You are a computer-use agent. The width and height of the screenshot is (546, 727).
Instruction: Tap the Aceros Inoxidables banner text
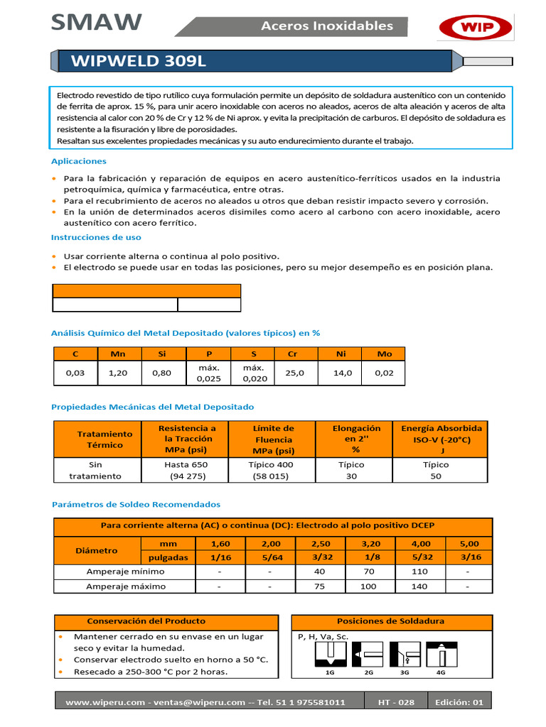point(327,26)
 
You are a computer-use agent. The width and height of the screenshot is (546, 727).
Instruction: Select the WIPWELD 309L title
point(139,61)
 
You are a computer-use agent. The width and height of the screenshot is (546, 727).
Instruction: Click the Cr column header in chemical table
point(292,354)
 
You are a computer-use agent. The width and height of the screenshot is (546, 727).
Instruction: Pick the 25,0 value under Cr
point(294,373)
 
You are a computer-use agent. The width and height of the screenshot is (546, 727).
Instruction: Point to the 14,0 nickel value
point(343,373)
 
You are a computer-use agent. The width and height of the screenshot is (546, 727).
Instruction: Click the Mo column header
point(384,354)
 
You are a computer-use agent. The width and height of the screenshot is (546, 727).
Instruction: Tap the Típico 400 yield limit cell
point(271,470)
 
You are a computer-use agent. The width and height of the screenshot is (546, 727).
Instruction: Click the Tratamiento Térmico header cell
point(105,439)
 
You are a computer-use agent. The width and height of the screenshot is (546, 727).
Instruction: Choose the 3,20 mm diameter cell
point(368,543)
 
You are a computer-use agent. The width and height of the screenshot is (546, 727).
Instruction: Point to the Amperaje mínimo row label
point(125,572)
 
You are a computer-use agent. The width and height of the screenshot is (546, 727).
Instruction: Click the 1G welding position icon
point(329,656)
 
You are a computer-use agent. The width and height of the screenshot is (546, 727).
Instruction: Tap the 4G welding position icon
point(440,656)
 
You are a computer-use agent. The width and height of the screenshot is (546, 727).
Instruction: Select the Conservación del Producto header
point(146,621)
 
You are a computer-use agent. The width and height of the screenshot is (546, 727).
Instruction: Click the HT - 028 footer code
point(397,702)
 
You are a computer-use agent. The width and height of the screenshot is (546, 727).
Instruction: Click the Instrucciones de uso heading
point(96,237)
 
